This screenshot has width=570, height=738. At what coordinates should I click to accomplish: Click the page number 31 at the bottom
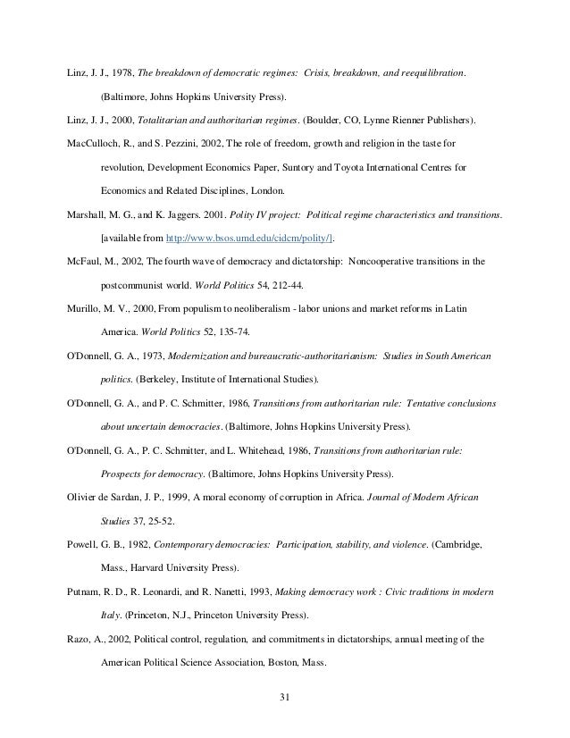tap(285, 698)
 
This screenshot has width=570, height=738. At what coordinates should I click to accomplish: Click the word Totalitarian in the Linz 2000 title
tap(165, 118)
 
